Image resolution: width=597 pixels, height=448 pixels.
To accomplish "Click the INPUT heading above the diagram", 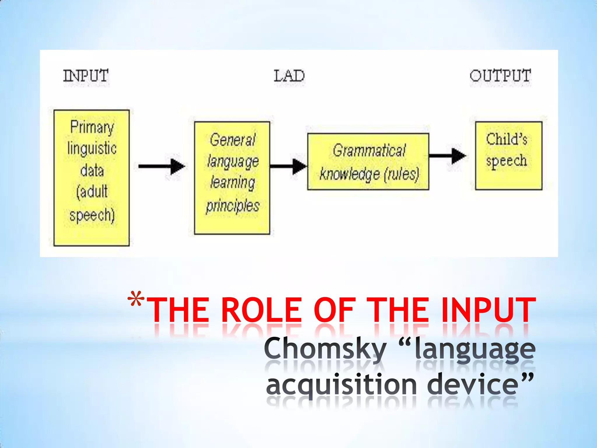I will (86, 76).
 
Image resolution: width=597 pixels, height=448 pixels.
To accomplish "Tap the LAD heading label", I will (289, 76).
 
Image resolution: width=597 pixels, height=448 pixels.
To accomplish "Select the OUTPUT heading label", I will (500, 76).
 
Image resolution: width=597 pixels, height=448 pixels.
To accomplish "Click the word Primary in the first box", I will (92, 127).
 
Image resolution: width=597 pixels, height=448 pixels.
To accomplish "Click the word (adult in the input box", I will (92, 192).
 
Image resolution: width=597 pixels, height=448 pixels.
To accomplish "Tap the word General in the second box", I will (232, 140).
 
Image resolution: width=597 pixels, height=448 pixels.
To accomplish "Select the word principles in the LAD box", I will (232, 206).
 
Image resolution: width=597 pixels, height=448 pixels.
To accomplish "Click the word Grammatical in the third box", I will (369, 151).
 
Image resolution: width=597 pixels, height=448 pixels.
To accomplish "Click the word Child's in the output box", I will (507, 139).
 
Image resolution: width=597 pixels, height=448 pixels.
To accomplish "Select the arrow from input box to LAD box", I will (161, 167).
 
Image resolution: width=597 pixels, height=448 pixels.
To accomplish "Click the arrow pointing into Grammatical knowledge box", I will (289, 167).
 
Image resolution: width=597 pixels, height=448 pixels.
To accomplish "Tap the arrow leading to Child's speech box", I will (448, 156).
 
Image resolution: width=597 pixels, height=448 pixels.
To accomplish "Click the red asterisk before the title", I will (136, 300).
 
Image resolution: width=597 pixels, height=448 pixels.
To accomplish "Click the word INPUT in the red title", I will (488, 310).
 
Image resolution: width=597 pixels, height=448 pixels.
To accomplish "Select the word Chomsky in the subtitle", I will (325, 349).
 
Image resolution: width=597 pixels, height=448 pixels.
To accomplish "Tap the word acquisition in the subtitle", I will (341, 385).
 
